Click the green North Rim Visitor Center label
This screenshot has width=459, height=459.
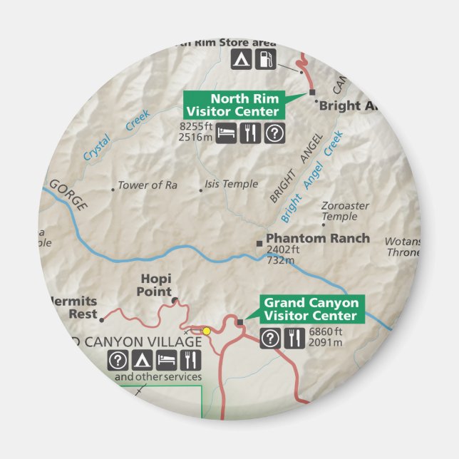[x=234, y=105]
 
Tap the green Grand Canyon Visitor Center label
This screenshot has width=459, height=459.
[x=311, y=309]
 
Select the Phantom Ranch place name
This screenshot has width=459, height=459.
[x=317, y=238]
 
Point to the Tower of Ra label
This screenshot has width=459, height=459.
[x=147, y=185]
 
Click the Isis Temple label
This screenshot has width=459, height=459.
[x=231, y=184]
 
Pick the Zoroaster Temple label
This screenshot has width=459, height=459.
[x=345, y=211]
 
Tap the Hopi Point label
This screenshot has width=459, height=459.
[x=155, y=286]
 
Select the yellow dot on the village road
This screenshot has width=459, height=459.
[x=207, y=331]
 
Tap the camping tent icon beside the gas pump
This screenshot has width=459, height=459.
[x=242, y=59]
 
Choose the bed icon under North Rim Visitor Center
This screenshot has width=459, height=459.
[x=227, y=133]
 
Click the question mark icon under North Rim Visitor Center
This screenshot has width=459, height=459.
[x=274, y=133]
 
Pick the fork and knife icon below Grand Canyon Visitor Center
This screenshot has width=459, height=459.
[x=294, y=339]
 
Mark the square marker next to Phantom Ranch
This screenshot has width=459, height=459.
[x=259, y=244]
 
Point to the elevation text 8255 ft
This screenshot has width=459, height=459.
[x=197, y=127]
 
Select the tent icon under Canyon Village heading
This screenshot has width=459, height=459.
[x=142, y=360]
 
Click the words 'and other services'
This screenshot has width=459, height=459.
[x=158, y=376]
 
